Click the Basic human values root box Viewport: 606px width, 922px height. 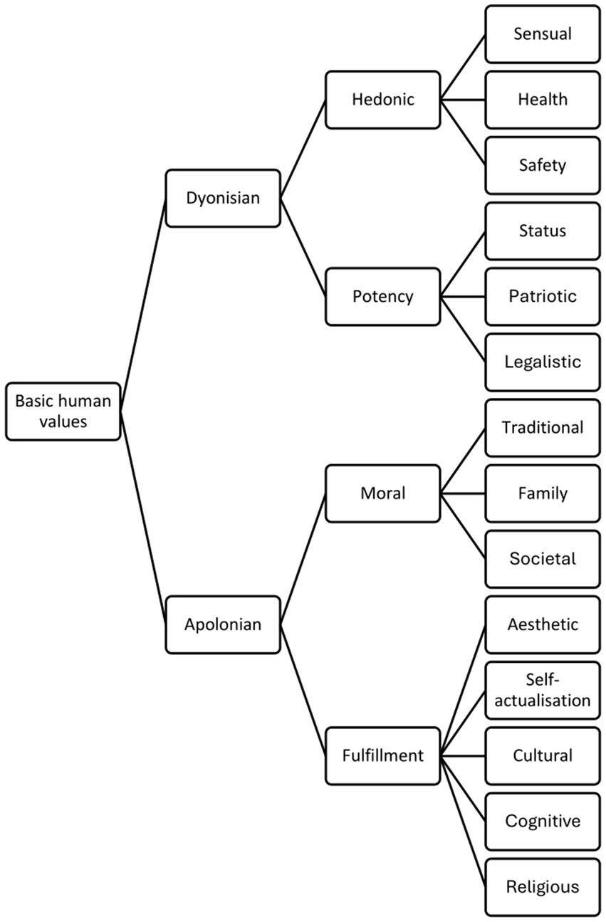(63, 411)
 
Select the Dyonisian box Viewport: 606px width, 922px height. (222, 198)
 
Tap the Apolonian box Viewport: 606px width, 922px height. (222, 624)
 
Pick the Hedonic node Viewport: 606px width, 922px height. (382, 99)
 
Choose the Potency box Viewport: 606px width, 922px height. (382, 296)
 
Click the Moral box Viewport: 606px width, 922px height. (382, 493)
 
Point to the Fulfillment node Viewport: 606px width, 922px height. (382, 755)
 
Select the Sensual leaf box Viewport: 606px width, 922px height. (542, 33)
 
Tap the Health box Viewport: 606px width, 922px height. (542, 99)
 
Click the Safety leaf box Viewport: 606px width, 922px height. (542, 165)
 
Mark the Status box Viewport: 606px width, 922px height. (542, 231)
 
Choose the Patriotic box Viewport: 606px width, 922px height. (542, 296)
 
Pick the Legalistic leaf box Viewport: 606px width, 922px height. (542, 362)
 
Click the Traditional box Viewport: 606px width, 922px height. (542, 427)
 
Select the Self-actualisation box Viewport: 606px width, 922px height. (542, 690)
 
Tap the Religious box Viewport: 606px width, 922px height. (542, 887)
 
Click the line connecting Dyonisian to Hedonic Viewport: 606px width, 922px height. (303, 149)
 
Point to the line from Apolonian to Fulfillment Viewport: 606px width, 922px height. (303, 690)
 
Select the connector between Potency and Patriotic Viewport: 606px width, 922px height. (462, 296)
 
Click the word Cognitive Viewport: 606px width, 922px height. (542, 821)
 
